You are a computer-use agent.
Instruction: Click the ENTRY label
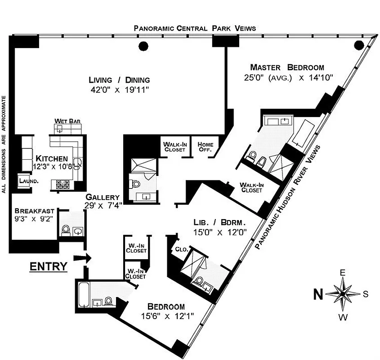click(x=48, y=266)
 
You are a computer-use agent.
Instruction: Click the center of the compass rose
click(x=342, y=294)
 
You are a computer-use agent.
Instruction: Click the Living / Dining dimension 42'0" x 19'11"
click(x=119, y=90)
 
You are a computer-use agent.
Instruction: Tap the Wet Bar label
click(x=64, y=121)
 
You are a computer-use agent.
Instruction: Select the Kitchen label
click(x=52, y=158)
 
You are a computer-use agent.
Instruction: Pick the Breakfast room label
click(x=35, y=211)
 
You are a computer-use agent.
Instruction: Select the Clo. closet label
click(x=181, y=249)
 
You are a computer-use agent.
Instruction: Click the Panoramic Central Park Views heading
click(x=195, y=28)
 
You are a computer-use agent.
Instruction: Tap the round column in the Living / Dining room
click(x=143, y=45)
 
